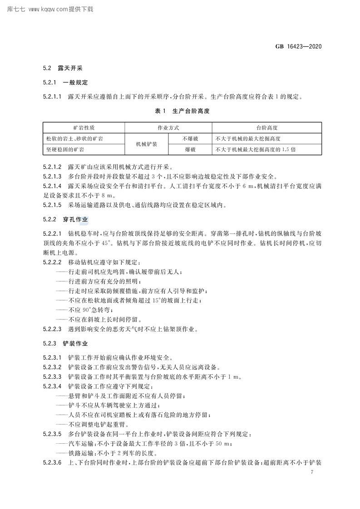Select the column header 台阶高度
point(266,128)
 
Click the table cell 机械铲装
point(147,144)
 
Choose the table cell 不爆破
point(190,139)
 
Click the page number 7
point(312,472)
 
